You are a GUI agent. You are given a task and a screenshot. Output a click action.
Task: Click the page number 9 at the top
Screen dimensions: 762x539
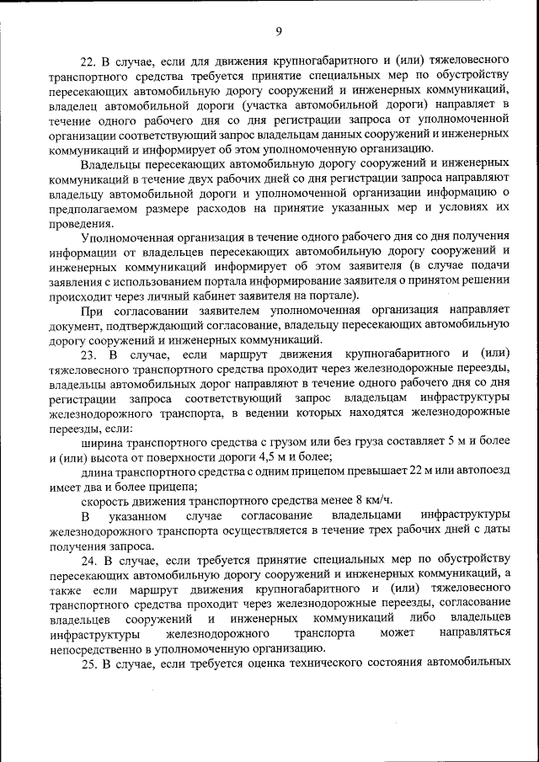pos(278,32)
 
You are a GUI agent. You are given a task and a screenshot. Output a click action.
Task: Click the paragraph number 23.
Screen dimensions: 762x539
pos(89,354)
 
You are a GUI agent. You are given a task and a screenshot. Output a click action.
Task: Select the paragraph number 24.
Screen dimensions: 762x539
pos(89,560)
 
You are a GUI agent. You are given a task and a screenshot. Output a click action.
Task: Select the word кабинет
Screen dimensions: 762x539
pos(201,295)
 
